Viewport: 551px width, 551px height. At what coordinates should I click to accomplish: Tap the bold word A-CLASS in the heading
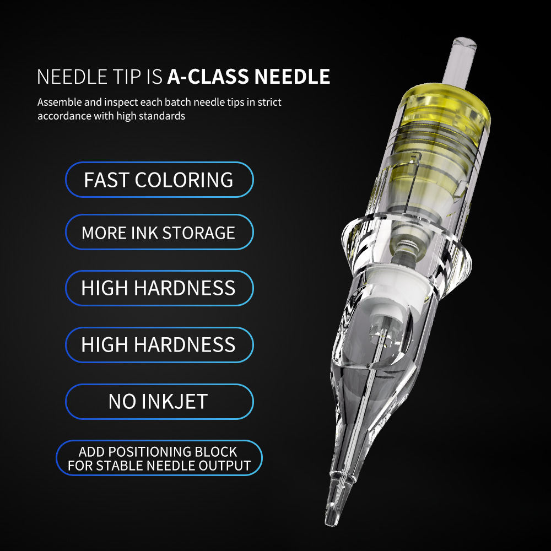coord(208,77)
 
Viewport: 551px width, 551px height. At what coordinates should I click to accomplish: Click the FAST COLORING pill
coord(159,180)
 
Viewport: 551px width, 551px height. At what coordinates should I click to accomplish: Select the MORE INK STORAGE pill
coord(159,232)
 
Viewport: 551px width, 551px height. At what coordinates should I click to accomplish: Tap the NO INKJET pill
coord(159,401)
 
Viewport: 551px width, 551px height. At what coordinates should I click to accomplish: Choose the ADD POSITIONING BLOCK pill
coord(159,458)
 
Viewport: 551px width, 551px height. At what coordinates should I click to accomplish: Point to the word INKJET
coord(175,402)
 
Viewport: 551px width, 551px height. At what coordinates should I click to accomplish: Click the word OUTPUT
coord(225,466)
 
